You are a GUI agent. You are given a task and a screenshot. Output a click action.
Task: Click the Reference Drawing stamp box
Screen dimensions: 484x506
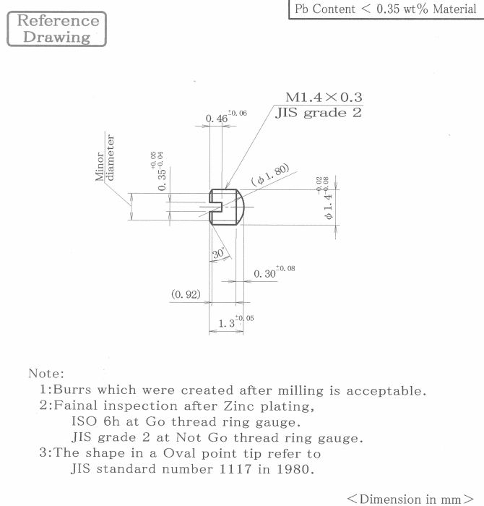pyautogui.click(x=57, y=29)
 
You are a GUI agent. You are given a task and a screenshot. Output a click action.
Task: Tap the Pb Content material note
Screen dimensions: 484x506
pyautogui.click(x=385, y=9)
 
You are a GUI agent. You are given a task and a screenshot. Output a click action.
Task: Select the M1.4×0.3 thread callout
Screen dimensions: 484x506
pyautogui.click(x=324, y=97)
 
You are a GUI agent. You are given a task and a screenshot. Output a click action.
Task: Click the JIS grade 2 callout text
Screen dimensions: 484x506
pyautogui.click(x=319, y=113)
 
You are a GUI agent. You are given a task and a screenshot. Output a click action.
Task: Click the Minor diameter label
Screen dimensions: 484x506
pyautogui.click(x=105, y=158)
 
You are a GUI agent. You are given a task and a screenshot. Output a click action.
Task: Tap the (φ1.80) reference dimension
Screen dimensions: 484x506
pyautogui.click(x=270, y=175)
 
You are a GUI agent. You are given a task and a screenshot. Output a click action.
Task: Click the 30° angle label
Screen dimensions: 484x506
pyautogui.click(x=218, y=253)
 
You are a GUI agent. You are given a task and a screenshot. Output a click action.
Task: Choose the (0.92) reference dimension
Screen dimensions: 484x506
pyautogui.click(x=186, y=294)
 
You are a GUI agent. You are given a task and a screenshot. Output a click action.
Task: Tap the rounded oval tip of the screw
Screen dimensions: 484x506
pyautogui.click(x=241, y=207)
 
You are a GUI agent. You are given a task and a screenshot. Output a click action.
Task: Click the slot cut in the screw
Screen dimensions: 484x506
pyautogui.click(x=216, y=207)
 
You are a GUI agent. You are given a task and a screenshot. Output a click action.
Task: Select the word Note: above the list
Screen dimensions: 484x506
pyautogui.click(x=46, y=374)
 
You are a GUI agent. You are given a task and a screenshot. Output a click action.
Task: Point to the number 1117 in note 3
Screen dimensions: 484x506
pyautogui.click(x=235, y=468)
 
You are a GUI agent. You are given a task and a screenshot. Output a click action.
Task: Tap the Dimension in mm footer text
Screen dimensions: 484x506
pyautogui.click(x=410, y=499)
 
